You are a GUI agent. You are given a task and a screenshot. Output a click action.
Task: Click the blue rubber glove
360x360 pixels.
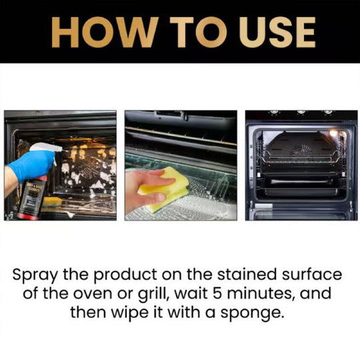30,165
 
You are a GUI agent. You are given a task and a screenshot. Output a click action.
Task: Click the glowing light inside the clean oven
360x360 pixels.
333,133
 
